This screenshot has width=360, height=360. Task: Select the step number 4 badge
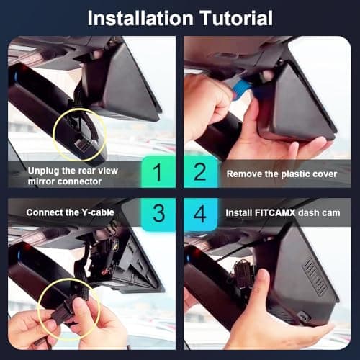[x=202, y=213]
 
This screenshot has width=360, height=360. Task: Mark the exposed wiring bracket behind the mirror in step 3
[x=119, y=259]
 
